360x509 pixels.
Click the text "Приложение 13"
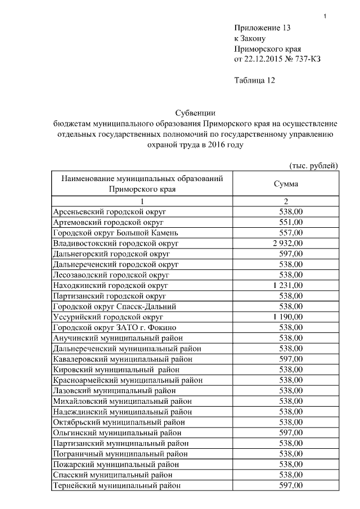[262, 28]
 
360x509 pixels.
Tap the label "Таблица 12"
[254, 80]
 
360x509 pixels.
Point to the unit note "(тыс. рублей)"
[313, 165]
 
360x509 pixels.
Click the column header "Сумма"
[286, 184]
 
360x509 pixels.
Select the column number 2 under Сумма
[286, 201]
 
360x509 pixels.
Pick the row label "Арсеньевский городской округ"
[105, 211]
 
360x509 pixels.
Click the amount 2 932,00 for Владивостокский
[287, 244]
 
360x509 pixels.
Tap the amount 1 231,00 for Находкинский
[287, 286]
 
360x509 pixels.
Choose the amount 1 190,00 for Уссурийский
[287, 317]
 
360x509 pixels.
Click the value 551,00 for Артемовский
[291, 222]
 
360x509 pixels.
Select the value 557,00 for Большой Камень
[291, 233]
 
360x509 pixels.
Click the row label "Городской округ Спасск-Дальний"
[115, 307]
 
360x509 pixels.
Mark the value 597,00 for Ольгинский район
[291, 433]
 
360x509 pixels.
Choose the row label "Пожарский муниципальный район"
[116, 465]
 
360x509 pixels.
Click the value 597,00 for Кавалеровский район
[291, 359]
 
